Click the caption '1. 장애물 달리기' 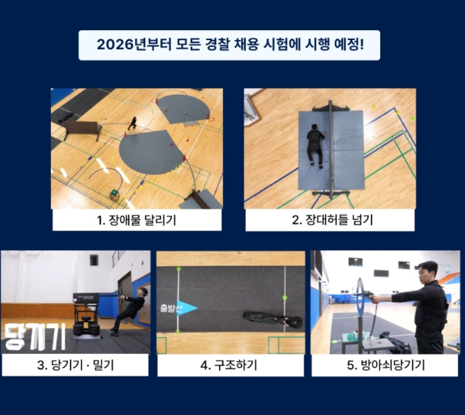coord(137,220)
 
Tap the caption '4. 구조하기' coord(231,364)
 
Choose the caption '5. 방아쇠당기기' coord(386,364)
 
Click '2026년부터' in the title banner coord(126,46)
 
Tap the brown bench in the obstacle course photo coord(80,127)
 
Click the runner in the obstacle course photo coord(133,122)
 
